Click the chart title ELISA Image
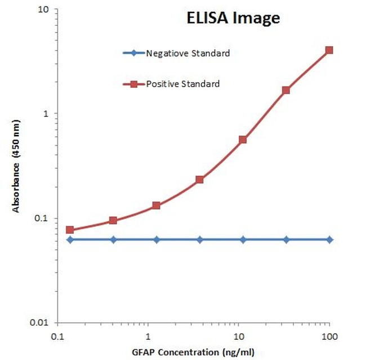click(233, 19)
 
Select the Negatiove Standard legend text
click(188, 53)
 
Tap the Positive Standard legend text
click(182, 84)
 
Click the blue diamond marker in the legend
click(133, 53)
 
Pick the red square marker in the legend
click(133, 84)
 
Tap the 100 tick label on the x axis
click(329, 337)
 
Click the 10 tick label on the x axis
click(239, 337)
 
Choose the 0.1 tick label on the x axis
click(57, 337)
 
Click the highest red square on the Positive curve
click(329, 50)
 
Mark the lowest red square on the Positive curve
click(70, 229)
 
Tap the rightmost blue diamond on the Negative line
click(329, 240)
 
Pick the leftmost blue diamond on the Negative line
click(70, 240)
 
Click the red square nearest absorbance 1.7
click(286, 90)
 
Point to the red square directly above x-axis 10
click(243, 139)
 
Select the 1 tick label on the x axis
click(148, 337)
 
